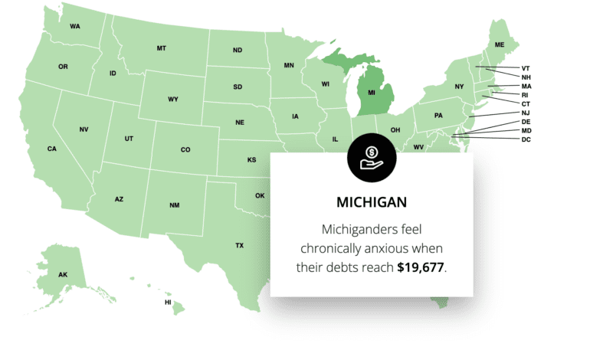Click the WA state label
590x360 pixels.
(74, 26)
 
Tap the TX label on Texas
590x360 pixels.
(239, 246)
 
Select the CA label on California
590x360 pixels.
(52, 149)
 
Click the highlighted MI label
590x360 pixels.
(372, 93)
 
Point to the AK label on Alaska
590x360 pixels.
(63, 274)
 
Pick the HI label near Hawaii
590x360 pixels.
(168, 303)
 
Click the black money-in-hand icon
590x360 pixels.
(372, 154)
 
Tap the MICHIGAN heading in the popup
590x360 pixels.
(372, 203)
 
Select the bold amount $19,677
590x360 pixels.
(421, 267)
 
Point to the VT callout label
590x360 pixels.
(526, 68)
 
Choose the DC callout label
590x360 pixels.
(526, 139)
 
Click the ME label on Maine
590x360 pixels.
(500, 45)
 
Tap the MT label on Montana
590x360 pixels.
(161, 48)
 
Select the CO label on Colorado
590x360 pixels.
(185, 149)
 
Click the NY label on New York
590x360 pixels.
(459, 87)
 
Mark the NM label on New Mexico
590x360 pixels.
(174, 205)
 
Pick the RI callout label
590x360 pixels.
(525, 95)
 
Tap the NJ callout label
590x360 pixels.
(525, 113)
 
